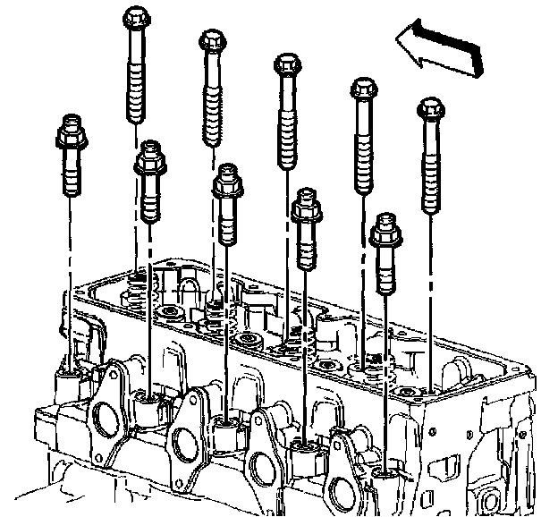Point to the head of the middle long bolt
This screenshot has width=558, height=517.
[286, 66]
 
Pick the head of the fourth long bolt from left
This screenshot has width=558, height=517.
[362, 90]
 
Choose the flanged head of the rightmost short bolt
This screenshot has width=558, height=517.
[385, 230]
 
